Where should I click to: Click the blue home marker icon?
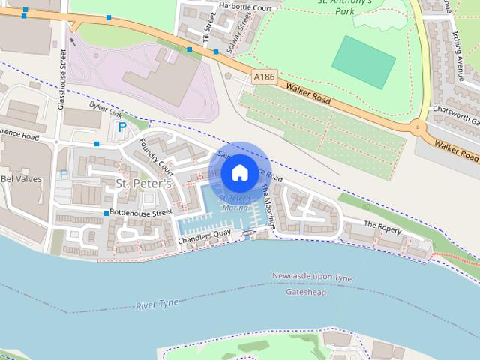(x=239, y=173)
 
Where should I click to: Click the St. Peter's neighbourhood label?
(x=143, y=184)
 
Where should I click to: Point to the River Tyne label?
(x=157, y=303)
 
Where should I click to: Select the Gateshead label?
(x=307, y=292)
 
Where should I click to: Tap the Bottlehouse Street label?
(x=141, y=213)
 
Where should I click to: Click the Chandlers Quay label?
(x=204, y=240)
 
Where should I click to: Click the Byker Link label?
(x=104, y=109)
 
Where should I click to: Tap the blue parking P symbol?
(x=121, y=128)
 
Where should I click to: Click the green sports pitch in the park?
(x=363, y=61)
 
